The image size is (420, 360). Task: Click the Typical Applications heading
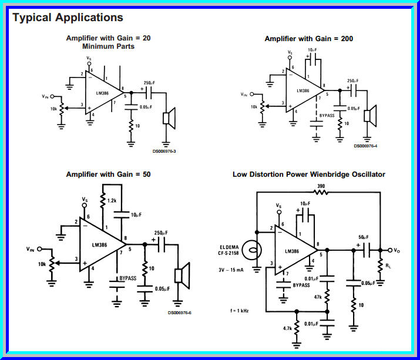coord(68,18)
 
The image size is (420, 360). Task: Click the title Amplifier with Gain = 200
coord(308,39)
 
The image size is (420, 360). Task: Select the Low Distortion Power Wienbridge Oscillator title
coord(309,174)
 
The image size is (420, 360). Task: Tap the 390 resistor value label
coord(321,186)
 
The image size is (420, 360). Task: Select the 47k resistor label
coord(318,298)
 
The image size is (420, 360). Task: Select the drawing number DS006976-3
coord(164,151)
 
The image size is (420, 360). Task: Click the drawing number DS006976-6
coord(179,312)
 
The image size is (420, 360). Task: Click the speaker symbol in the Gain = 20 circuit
coord(167,118)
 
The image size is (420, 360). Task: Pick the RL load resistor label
coord(388,265)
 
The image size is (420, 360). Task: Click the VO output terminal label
coord(397,250)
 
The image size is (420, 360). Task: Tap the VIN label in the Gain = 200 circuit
coord(244,94)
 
